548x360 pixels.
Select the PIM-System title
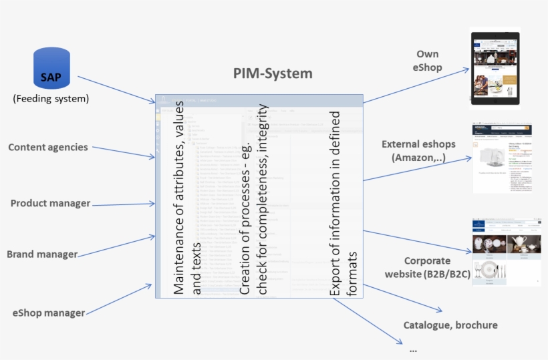coord(273,73)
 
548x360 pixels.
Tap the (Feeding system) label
coord(51,100)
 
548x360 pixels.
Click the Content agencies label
coord(48,147)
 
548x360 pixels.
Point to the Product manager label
coord(50,203)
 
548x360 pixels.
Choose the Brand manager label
coord(42,254)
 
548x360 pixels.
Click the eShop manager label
coord(49,312)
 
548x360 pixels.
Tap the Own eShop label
coord(428,60)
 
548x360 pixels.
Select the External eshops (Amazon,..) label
coord(418,150)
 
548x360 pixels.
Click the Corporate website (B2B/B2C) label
coord(427,266)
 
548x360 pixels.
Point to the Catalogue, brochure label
coord(450,325)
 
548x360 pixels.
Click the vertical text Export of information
coord(344,204)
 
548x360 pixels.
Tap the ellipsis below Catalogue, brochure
coord(413,349)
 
